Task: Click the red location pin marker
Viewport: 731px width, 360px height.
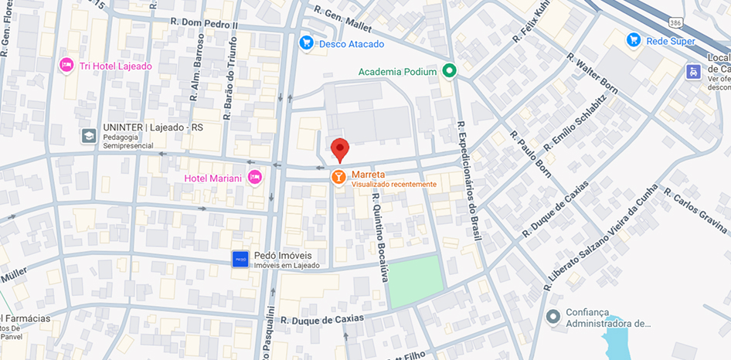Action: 340,148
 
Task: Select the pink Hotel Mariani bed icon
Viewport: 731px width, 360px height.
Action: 255,178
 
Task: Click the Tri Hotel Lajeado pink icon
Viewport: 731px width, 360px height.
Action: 66,66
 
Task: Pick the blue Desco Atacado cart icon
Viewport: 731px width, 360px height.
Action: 307,43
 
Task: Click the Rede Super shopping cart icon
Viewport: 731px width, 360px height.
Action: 634,40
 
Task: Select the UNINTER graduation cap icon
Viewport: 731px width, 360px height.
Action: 89,136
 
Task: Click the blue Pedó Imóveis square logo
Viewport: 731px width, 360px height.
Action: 240,260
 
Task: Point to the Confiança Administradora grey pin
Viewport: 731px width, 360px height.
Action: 552,317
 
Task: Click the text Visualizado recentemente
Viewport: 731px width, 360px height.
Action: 394,185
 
